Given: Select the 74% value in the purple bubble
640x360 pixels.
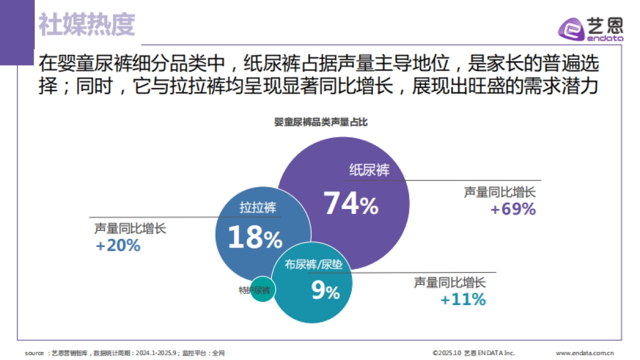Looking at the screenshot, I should (350, 204).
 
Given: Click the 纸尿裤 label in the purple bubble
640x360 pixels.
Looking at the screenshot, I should (369, 170).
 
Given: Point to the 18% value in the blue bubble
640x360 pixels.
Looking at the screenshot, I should (254, 238).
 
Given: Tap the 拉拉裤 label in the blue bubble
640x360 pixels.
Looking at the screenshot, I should (258, 207).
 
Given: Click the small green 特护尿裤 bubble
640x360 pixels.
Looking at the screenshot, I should (262, 290).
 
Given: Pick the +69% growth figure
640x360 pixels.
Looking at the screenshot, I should (513, 209).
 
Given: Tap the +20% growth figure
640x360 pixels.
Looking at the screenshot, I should (117, 245).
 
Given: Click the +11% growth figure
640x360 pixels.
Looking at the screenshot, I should (463, 300).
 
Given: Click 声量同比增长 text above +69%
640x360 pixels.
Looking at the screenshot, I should (499, 192).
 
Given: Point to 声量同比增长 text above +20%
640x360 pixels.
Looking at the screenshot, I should (130, 228).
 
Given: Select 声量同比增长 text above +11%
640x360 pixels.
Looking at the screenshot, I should (450, 283).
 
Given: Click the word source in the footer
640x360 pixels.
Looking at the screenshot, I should (34, 353).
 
